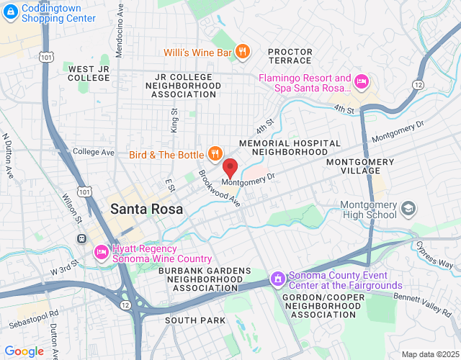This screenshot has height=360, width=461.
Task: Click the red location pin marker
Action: point(230,168)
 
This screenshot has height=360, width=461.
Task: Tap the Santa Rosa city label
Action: point(147,209)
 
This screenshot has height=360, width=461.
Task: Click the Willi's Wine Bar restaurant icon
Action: point(243,51)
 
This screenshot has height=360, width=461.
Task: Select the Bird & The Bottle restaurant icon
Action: point(214,153)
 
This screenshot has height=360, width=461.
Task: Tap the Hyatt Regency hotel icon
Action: point(100,253)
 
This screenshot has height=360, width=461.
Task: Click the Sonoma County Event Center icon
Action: point(277,279)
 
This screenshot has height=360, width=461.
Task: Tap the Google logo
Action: point(24,351)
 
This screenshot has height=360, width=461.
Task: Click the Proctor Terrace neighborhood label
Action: point(290,57)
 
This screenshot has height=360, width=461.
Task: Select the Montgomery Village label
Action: point(360,168)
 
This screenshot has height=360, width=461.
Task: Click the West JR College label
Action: point(89,73)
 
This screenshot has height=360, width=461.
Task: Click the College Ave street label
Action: point(94,153)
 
